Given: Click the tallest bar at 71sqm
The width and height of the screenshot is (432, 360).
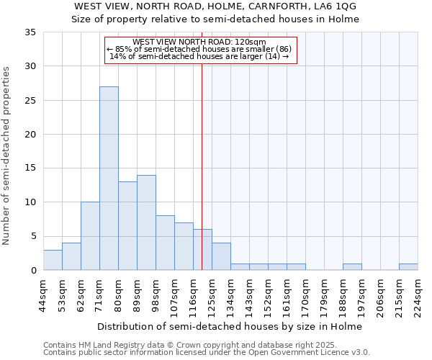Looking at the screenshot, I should click(109, 179).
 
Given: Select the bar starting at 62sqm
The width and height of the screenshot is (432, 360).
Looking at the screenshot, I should click(90, 236).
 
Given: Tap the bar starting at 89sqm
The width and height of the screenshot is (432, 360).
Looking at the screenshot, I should click(146, 222).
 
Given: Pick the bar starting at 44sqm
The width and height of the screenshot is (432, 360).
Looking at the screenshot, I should click(53, 260).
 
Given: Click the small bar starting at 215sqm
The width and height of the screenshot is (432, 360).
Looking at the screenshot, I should click(408, 267).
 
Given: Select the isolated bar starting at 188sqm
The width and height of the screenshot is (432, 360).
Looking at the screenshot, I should click(352, 267).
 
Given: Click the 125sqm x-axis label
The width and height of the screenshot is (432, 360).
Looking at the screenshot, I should click(212, 295).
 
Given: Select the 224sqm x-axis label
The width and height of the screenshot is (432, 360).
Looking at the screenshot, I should click(418, 295).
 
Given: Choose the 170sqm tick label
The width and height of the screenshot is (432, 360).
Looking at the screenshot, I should click(305, 295).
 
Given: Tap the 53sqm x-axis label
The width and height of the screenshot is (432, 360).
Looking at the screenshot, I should click(62, 295).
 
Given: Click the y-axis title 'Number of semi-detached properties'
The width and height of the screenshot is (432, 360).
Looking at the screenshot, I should click(6, 156).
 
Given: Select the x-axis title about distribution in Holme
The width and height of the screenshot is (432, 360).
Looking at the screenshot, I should click(230, 326).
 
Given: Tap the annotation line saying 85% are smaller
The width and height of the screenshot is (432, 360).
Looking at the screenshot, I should click(199, 50).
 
